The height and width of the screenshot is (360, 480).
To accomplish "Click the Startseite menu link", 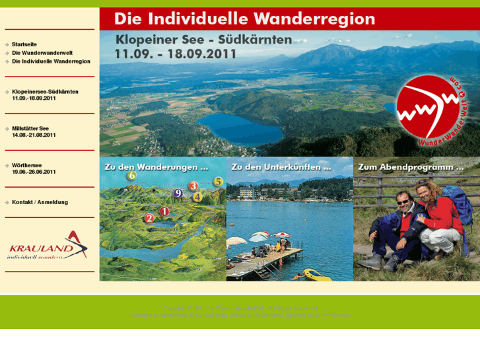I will point(24,44).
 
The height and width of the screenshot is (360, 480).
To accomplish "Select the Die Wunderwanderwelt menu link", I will point(42,53).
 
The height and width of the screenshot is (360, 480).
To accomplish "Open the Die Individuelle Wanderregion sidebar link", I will point(50,61).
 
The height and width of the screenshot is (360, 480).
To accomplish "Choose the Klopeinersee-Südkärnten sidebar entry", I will point(45,91).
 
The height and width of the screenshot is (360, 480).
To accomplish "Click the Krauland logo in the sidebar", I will point(48,245).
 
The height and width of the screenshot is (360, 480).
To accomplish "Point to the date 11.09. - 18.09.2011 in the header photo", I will point(175,55).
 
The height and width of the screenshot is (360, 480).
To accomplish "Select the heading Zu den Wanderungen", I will point(156,167).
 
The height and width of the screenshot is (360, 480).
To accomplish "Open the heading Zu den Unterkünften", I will point(281,167).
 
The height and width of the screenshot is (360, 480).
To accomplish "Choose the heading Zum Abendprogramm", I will point(410,167).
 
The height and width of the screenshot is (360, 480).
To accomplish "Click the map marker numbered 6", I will point(131,176).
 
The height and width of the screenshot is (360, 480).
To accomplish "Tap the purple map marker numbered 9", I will point(178,194).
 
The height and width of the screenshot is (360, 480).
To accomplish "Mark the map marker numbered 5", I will point(219,182).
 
